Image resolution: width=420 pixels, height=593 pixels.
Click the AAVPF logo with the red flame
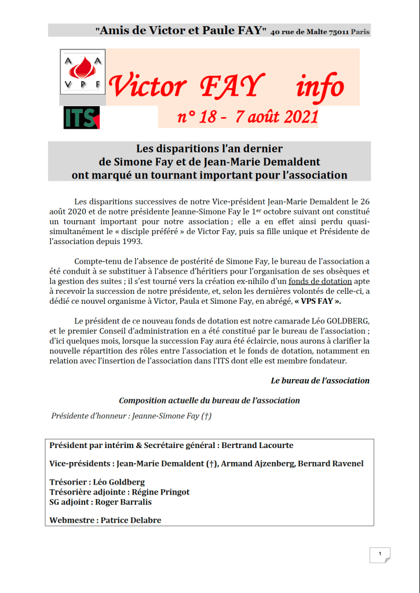tap(82, 72)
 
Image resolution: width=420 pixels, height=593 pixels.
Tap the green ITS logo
tap(82, 118)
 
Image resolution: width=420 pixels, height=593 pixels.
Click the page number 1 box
tap(379, 554)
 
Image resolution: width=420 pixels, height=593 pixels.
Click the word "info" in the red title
tap(319, 87)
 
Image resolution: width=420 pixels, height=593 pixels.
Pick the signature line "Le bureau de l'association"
tap(320, 381)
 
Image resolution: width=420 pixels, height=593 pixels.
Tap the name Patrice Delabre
tap(131, 520)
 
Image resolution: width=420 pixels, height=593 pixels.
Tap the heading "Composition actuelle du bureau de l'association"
tap(209, 401)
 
